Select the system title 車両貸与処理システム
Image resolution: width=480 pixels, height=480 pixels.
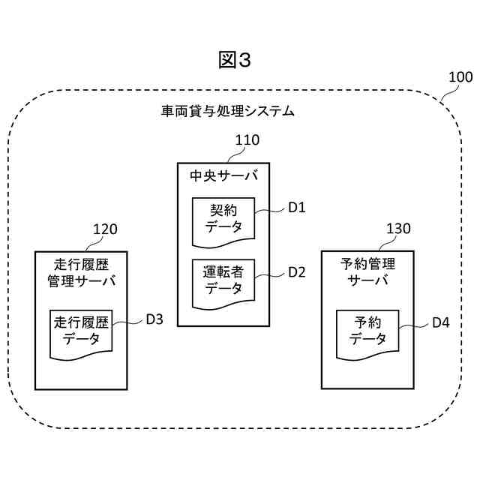[x=228, y=112]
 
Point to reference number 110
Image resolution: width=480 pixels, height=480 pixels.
[x=247, y=140]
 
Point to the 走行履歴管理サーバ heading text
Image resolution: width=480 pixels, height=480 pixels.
[x=81, y=274]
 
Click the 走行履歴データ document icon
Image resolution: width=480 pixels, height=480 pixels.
[x=80, y=332]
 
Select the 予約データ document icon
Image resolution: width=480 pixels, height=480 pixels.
[x=367, y=331]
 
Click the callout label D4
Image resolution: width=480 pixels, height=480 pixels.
[x=440, y=323]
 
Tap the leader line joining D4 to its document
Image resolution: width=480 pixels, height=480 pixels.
[x=411, y=326]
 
